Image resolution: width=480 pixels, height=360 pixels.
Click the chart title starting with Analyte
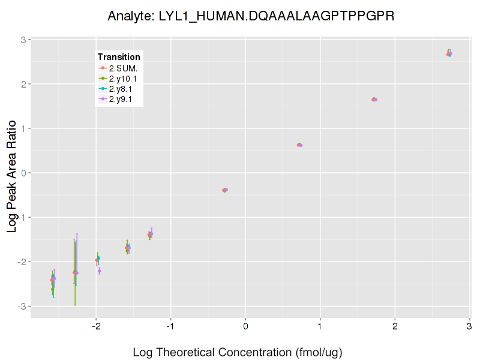click(x=251, y=16)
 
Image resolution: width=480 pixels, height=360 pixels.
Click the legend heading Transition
click(x=119, y=57)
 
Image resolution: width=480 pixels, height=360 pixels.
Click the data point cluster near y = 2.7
click(x=449, y=53)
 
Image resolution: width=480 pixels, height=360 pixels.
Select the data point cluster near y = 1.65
click(x=374, y=100)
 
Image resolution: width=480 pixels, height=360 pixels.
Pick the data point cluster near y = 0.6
click(x=299, y=145)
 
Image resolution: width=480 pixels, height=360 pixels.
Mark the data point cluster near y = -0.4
click(x=225, y=190)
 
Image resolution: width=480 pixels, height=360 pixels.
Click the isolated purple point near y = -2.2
click(x=100, y=271)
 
